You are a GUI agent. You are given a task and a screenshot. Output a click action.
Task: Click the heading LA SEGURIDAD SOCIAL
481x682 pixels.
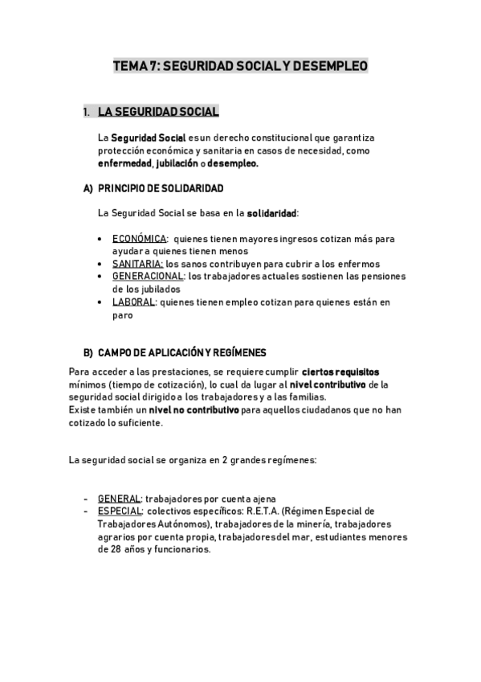point(157,112)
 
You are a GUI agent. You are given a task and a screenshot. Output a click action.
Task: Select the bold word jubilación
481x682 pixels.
point(177,162)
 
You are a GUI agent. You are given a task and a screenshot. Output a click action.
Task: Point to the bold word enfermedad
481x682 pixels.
point(124,162)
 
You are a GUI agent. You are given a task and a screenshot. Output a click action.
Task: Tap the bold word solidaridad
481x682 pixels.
point(272,213)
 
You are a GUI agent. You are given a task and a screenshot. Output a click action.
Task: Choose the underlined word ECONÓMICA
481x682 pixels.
point(139,239)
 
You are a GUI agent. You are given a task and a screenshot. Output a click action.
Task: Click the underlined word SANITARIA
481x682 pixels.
point(137,264)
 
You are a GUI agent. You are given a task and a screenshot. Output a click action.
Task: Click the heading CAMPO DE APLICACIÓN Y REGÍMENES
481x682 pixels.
point(182,353)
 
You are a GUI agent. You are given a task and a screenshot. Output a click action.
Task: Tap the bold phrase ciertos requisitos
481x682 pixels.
point(340,372)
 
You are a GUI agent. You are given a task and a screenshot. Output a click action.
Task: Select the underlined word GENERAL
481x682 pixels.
point(120,499)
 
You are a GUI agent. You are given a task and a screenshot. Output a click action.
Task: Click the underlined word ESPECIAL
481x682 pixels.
point(121,511)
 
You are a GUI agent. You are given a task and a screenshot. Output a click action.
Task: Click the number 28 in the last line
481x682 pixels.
point(104,549)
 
